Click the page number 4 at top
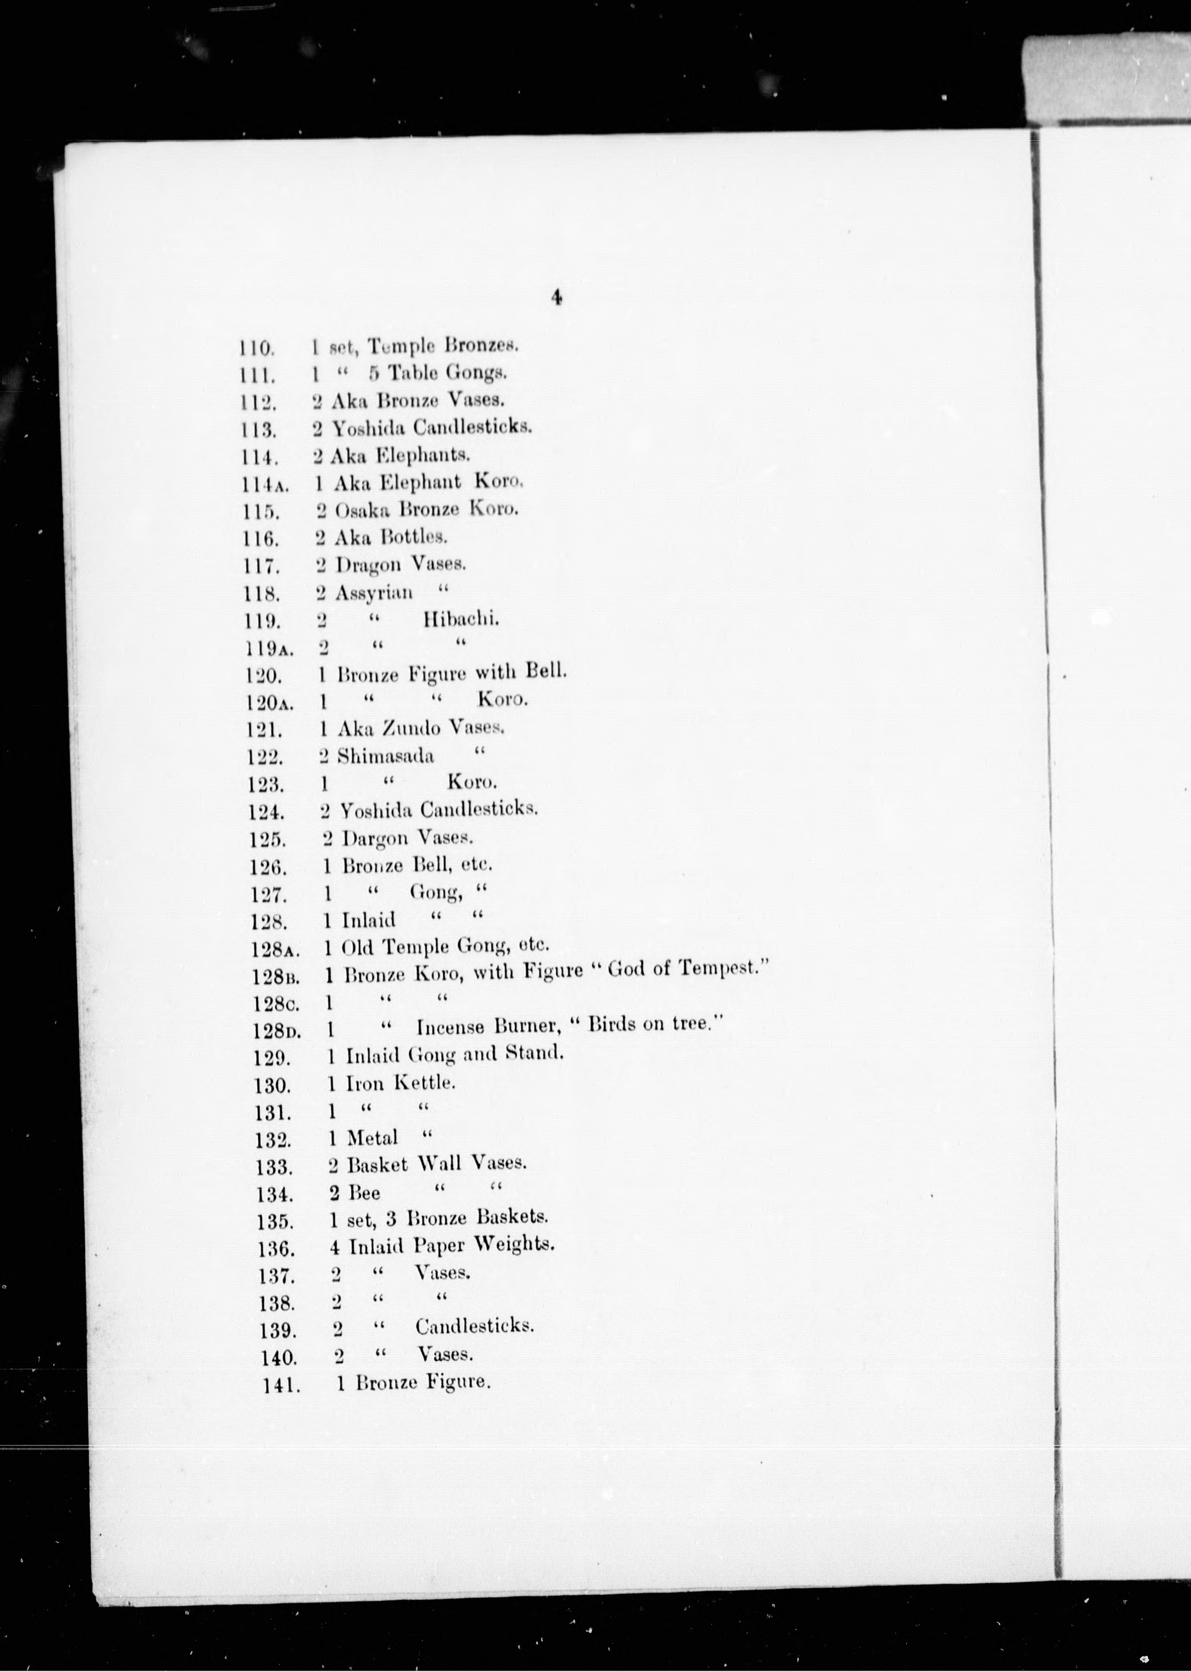click(557, 298)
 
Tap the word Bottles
click(413, 537)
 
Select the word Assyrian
click(374, 593)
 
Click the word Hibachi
click(461, 620)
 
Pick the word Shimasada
click(386, 756)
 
